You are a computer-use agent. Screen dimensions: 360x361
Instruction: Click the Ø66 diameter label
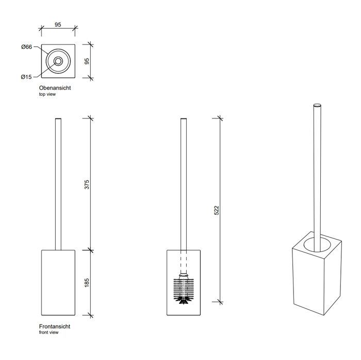click(x=27, y=47)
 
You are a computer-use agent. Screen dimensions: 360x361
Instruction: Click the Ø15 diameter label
click(x=26, y=77)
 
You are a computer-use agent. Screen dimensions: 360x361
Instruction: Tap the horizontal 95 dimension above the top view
click(x=58, y=25)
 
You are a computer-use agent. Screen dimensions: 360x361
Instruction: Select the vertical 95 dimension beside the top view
click(x=87, y=61)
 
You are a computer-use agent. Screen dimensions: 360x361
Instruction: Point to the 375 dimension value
click(x=87, y=184)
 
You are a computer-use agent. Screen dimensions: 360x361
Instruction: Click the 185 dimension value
click(x=87, y=282)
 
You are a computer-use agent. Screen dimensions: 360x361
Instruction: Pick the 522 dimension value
click(x=217, y=210)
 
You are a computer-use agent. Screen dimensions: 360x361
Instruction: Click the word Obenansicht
click(x=55, y=88)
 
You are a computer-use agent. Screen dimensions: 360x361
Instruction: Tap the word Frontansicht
click(x=55, y=327)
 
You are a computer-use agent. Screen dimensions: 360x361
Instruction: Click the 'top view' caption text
click(x=47, y=94)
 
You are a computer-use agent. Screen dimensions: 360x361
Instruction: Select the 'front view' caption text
click(x=48, y=333)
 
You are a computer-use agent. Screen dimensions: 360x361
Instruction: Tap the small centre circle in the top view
click(x=58, y=61)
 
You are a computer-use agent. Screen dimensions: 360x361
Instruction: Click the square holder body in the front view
click(x=58, y=282)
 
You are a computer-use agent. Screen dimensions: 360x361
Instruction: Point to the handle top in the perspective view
click(x=317, y=106)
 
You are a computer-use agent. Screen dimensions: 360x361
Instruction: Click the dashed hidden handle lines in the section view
click(x=183, y=262)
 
